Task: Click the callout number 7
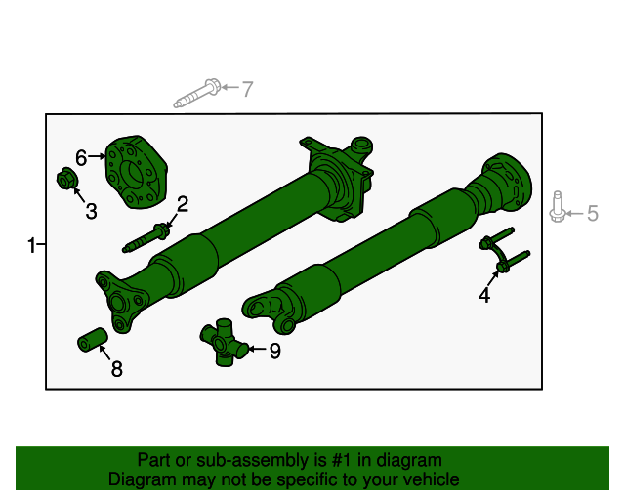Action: click(x=247, y=89)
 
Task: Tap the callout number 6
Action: click(x=82, y=155)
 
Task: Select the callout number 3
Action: click(x=90, y=212)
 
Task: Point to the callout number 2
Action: click(x=182, y=204)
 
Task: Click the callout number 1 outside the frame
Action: click(x=32, y=246)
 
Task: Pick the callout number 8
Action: click(x=116, y=368)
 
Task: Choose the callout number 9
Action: click(x=274, y=351)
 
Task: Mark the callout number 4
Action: click(x=484, y=295)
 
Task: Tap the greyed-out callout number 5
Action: click(x=591, y=213)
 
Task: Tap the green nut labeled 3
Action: click(x=66, y=180)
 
